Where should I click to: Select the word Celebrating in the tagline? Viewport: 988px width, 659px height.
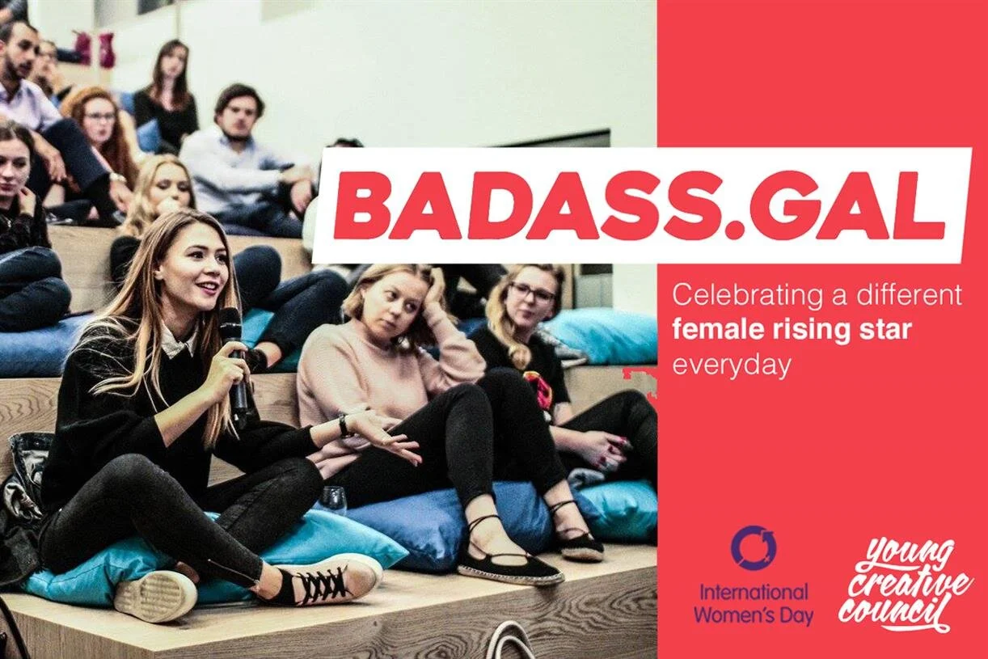click(x=739, y=295)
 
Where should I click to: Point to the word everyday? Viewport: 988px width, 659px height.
click(x=731, y=365)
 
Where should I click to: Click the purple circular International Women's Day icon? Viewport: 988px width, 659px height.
click(x=754, y=548)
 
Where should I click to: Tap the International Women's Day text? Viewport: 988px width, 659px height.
click(x=754, y=603)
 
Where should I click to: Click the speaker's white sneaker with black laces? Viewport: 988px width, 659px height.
click(x=323, y=579)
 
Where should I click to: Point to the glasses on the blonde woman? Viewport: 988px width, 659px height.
click(x=531, y=294)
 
